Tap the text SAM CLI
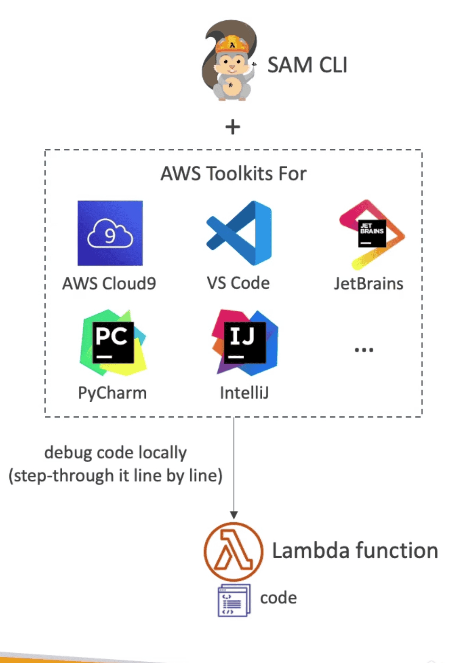(307, 65)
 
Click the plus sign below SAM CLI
(233, 127)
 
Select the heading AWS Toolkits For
(233, 174)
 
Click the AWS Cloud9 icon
(110, 233)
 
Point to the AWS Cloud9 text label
(109, 284)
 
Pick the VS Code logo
(239, 233)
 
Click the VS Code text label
(238, 283)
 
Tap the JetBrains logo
(372, 234)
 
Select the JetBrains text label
(369, 284)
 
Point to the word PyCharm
(112, 393)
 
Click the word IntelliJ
(244, 393)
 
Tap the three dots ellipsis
(364, 350)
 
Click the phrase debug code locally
(115, 453)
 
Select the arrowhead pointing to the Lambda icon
(233, 515)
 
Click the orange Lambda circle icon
(233, 552)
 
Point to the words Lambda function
(355, 551)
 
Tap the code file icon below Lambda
(234, 600)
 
